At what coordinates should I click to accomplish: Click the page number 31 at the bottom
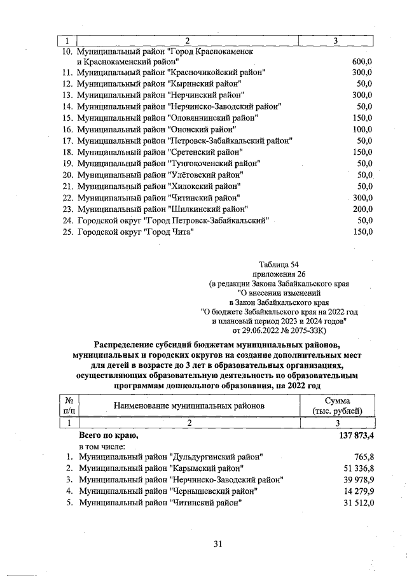pos(217,544)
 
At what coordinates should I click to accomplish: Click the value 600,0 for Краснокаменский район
pos(361,62)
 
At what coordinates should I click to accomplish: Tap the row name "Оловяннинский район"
pos(167,118)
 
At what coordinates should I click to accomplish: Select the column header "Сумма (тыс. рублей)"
pos(343,405)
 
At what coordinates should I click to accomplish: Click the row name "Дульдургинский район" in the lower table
pos(170,457)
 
